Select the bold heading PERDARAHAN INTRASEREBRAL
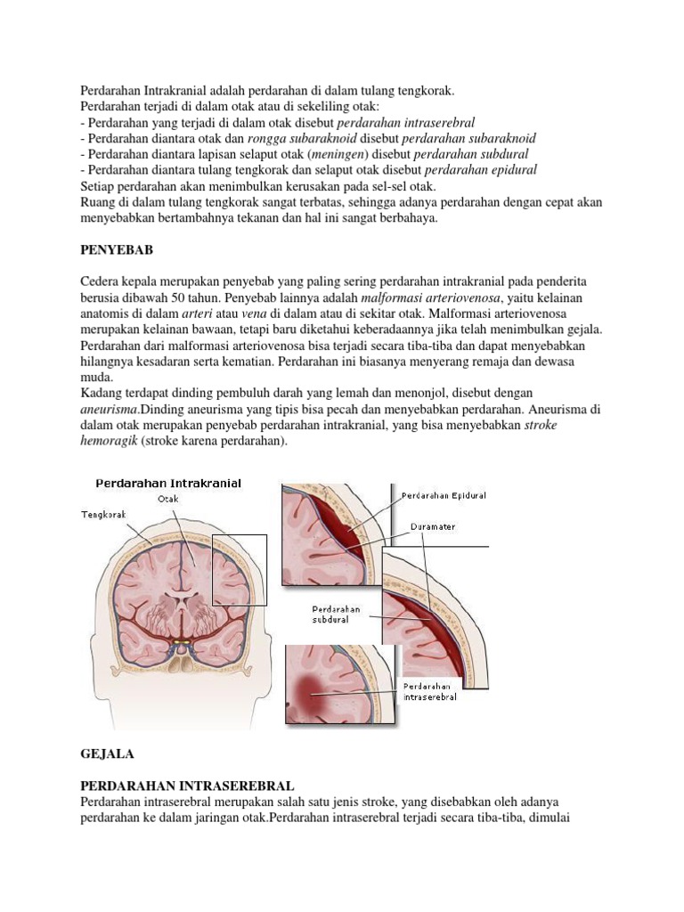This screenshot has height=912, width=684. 187,786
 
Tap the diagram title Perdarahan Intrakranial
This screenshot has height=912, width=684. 168,484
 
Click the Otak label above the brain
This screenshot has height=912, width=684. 168,499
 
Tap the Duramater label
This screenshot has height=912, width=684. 433,526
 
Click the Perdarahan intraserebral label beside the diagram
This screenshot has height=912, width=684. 430,691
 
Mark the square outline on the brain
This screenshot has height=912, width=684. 240,570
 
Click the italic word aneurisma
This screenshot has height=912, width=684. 109,410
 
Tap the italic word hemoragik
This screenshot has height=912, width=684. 108,442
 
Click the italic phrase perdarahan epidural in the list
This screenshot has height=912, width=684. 480,170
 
